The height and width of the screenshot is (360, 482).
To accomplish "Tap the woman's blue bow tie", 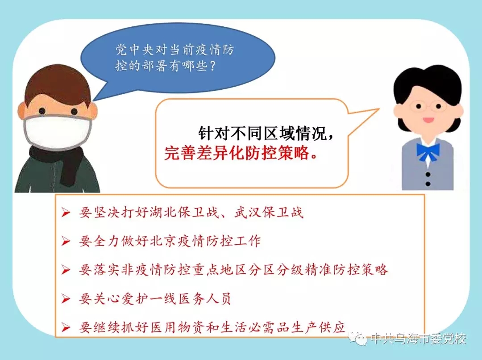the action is (428, 151).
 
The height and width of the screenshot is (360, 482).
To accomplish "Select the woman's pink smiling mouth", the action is (428, 120).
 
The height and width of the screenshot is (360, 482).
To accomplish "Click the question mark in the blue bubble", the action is (212, 66).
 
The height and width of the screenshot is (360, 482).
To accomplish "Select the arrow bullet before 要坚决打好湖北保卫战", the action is (66, 212).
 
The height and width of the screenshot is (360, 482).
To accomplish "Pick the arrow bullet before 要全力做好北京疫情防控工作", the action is (66, 241).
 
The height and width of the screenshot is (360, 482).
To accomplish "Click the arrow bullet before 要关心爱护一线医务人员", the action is (66, 298).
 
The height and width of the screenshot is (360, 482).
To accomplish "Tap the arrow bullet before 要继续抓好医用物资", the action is (66, 327).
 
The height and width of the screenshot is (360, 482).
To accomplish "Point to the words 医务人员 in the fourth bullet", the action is (205, 298).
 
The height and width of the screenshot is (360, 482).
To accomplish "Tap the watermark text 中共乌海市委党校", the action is (418, 339).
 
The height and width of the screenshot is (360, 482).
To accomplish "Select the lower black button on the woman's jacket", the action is (428, 184).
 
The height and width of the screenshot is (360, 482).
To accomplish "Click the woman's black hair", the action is (428, 83).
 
